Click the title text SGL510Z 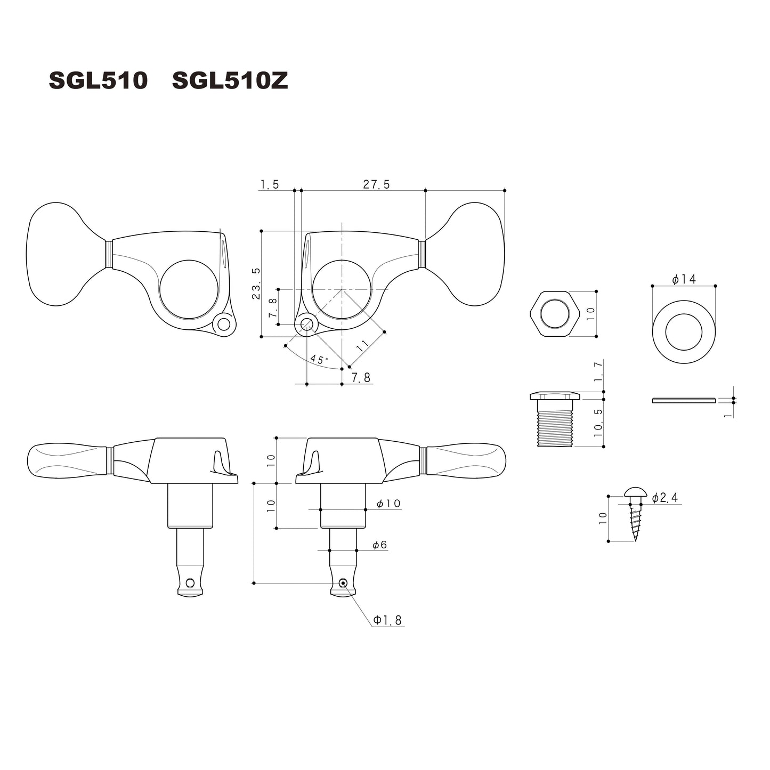(230, 81)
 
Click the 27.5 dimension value (376, 184)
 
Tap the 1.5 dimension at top (269, 184)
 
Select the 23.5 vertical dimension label (256, 283)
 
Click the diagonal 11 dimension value (363, 345)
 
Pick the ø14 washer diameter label (684, 279)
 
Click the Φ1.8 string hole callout (387, 620)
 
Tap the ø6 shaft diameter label (379, 545)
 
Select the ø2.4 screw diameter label (664, 498)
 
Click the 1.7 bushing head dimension (598, 371)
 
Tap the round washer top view (684, 324)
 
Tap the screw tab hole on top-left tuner (224, 324)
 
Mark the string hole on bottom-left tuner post (190, 582)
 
